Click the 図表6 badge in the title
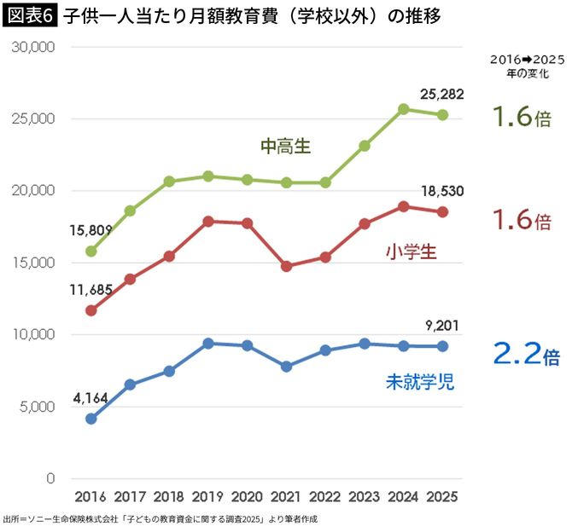pyautogui.click(x=30, y=14)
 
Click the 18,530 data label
pyautogui.click(x=441, y=191)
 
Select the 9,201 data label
pyautogui.click(x=441, y=325)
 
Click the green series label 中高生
pyautogui.click(x=285, y=147)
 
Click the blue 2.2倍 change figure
pyautogui.click(x=526, y=354)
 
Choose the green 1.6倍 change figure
pyautogui.click(x=521, y=117)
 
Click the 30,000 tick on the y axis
pyautogui.click(x=33, y=48)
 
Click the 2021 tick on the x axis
pyautogui.click(x=286, y=496)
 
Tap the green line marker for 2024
pyautogui.click(x=404, y=109)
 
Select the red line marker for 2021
pyautogui.click(x=286, y=266)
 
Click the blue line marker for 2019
pyautogui.click(x=208, y=344)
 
